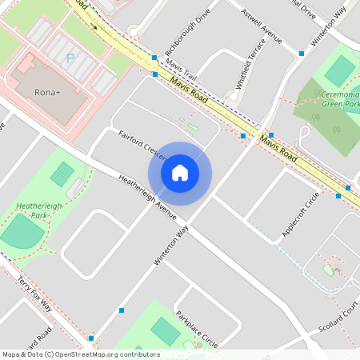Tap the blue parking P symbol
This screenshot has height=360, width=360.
click(70, 58)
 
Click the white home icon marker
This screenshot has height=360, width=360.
click(180, 173)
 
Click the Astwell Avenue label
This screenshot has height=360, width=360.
click(264, 25)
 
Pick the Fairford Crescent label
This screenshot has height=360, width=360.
click(141, 141)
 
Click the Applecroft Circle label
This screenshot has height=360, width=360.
click(301, 214)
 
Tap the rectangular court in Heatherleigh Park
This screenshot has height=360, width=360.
click(62, 173)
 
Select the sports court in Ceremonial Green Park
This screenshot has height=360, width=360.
click(340, 70)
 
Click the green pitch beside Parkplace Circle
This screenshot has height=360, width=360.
click(166, 330)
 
